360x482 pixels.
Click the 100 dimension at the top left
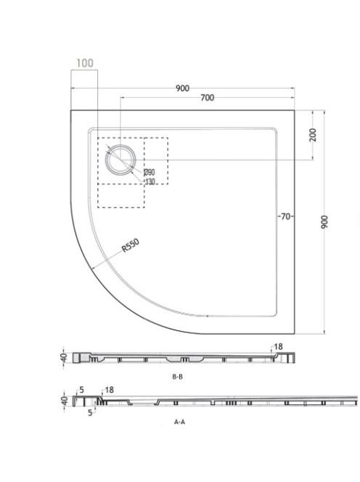click(85, 63)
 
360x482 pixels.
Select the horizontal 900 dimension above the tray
click(182, 89)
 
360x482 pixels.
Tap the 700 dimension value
click(207, 98)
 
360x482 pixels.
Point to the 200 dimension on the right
click(313, 135)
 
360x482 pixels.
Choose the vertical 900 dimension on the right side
click(324, 222)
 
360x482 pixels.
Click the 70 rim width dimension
click(285, 217)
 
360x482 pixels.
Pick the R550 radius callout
click(131, 245)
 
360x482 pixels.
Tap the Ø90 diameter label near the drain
click(150, 173)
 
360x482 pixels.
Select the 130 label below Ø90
click(150, 181)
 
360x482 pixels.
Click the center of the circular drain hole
click(120, 160)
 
